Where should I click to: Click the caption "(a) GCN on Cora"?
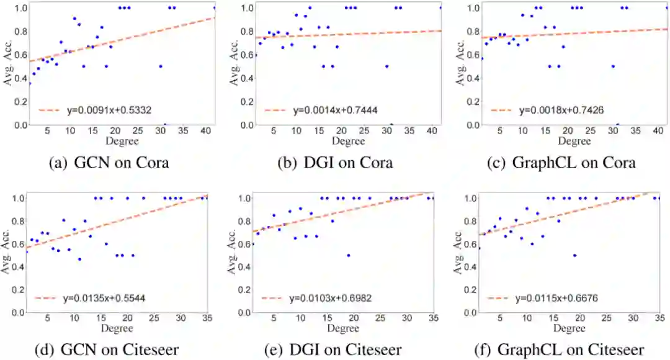[x=109, y=164]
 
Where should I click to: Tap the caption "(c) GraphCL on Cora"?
[x=561, y=164]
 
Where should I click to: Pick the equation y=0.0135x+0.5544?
[x=106, y=299]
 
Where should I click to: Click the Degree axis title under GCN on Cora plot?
[x=121, y=141]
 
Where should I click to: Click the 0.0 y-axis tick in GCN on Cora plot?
[x=20, y=125]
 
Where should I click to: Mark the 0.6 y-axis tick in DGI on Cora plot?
[x=246, y=55]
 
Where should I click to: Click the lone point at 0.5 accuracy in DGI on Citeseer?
[x=349, y=255]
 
